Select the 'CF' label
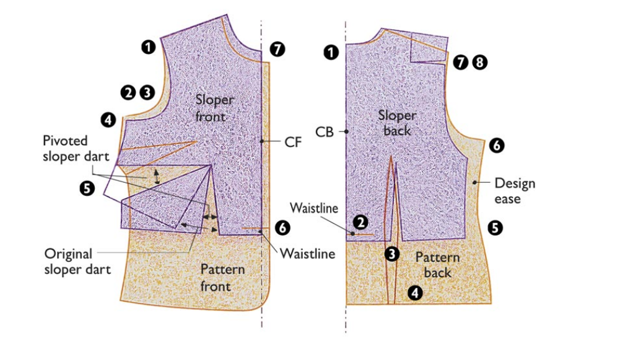coord(293,143)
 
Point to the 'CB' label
coord(325,131)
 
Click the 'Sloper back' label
coord(397,123)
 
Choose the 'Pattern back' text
coord(437,265)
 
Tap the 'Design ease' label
coord(514,190)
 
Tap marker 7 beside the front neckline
coord(277,49)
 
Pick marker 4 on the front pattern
coord(109,120)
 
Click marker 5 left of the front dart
coord(87,187)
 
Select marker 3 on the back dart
coord(391,253)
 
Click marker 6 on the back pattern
coord(497,146)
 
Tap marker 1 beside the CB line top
coord(332,53)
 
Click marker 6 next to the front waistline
coord(282,227)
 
